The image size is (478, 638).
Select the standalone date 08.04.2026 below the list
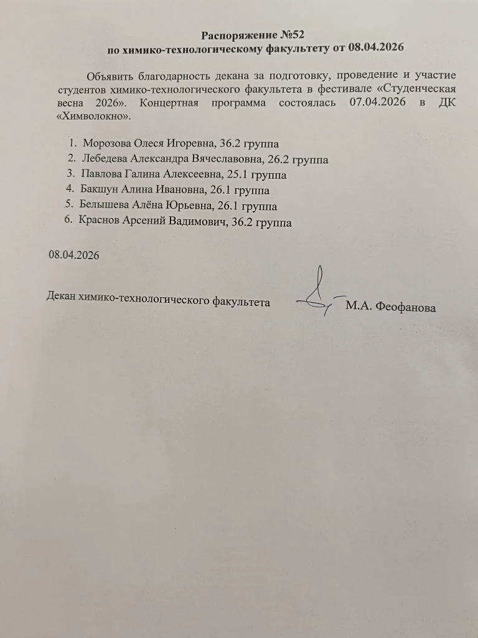tap(73, 255)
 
